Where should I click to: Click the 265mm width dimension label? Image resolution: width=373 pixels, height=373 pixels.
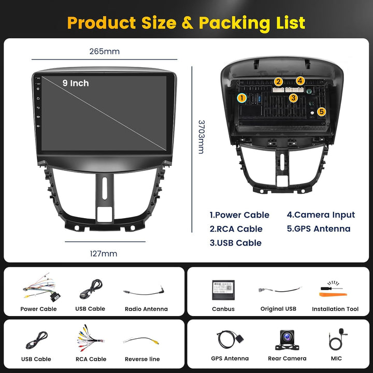105,51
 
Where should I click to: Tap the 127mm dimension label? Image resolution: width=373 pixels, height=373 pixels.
104,253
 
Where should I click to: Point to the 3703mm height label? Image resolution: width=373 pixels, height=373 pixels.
201,137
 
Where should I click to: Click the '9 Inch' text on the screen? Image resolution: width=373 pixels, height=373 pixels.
76,83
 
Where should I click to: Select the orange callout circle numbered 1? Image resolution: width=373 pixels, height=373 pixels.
242,98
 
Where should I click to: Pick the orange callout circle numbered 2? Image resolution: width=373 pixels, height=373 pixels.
278,82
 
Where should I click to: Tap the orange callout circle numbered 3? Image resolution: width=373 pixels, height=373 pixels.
293,98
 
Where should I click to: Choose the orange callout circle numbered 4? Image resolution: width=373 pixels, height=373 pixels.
300,81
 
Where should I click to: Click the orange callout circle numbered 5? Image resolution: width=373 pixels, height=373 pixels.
321,111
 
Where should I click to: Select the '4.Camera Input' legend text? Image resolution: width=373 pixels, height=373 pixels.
321,215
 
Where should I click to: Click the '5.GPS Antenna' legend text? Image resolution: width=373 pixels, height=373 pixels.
319,228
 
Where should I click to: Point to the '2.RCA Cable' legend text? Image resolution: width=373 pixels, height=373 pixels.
236,229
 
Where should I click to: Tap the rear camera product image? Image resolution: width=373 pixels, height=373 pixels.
287,340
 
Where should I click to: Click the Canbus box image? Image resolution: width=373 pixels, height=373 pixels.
223,290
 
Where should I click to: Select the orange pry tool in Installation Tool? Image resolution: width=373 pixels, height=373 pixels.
333,295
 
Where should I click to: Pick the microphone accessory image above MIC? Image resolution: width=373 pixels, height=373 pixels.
337,340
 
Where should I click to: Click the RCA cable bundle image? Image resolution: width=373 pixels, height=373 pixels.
90,338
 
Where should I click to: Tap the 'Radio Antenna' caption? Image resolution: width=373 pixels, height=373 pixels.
146,309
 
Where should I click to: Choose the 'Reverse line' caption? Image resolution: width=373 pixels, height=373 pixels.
142,359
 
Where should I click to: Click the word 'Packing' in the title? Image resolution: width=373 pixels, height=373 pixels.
234,23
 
